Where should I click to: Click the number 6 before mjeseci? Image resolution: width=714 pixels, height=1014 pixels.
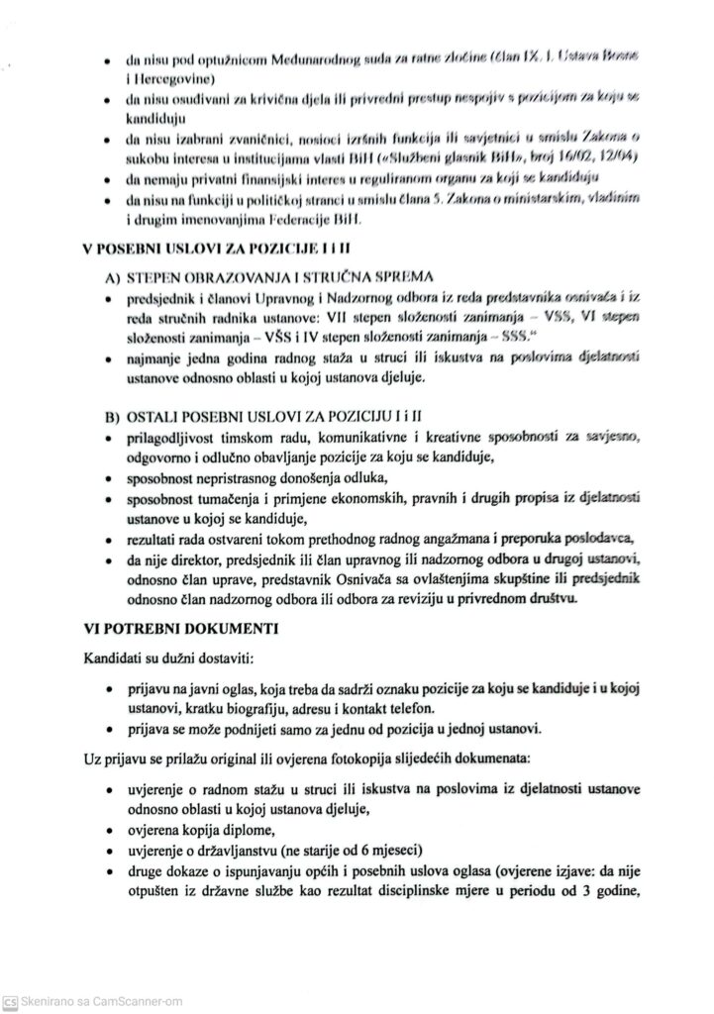[350, 851]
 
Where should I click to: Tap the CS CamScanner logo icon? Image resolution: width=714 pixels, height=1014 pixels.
[10, 1001]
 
